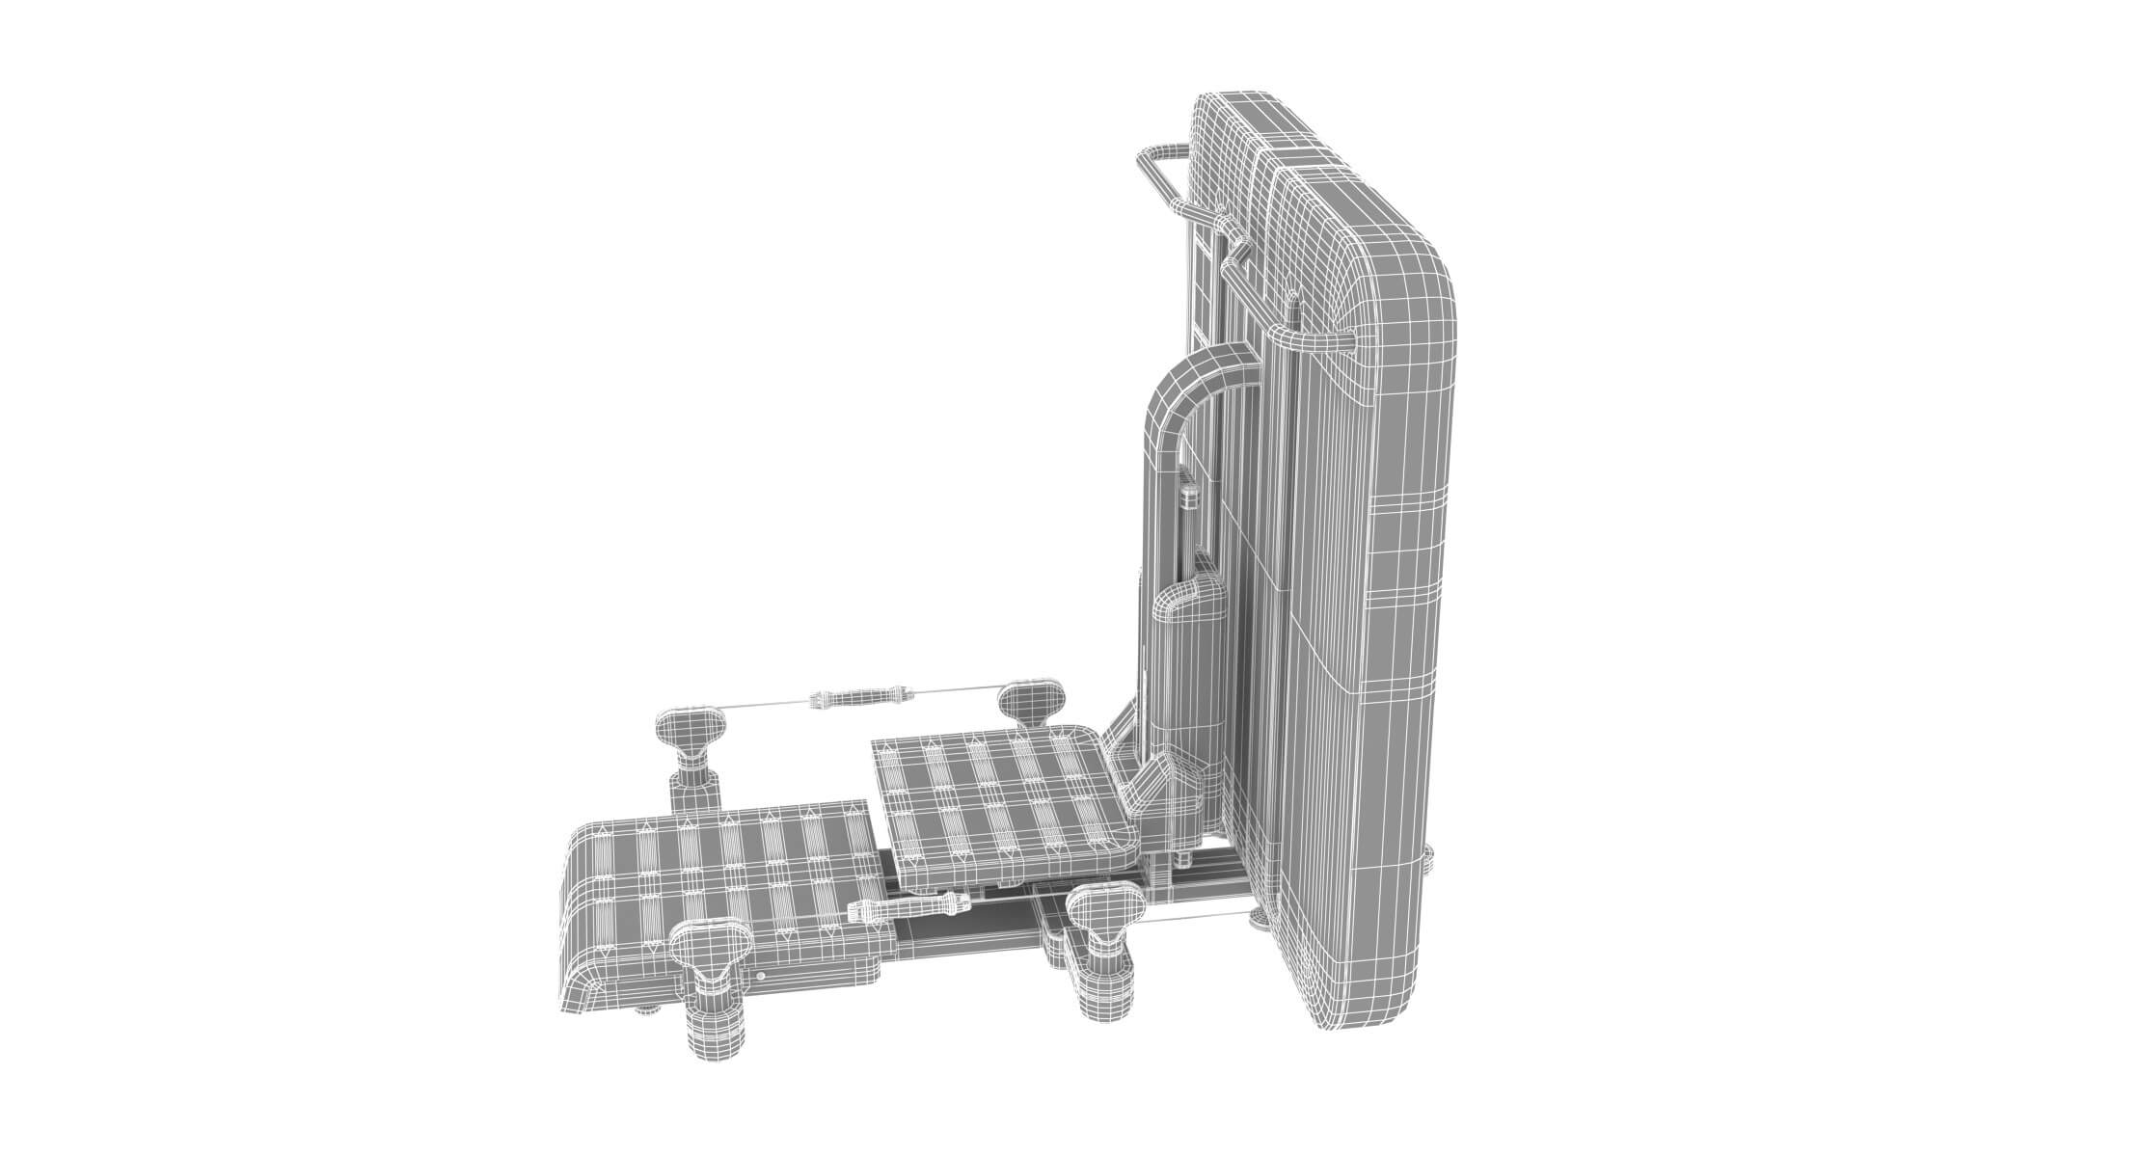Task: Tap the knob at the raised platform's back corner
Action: (1031, 698)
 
